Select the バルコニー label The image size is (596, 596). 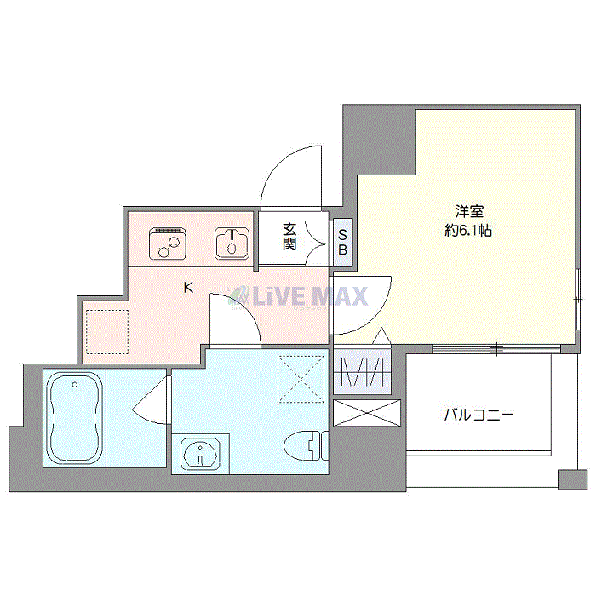(478, 415)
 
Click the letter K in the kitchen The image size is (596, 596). (188, 288)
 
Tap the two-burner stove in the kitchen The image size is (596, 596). (169, 244)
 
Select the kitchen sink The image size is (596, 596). (231, 244)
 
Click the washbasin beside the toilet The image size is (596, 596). (200, 453)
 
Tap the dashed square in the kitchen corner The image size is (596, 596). (106, 331)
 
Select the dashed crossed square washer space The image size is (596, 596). (302, 375)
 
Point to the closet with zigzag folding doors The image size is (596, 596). (364, 373)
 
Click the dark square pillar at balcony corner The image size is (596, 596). (565, 479)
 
